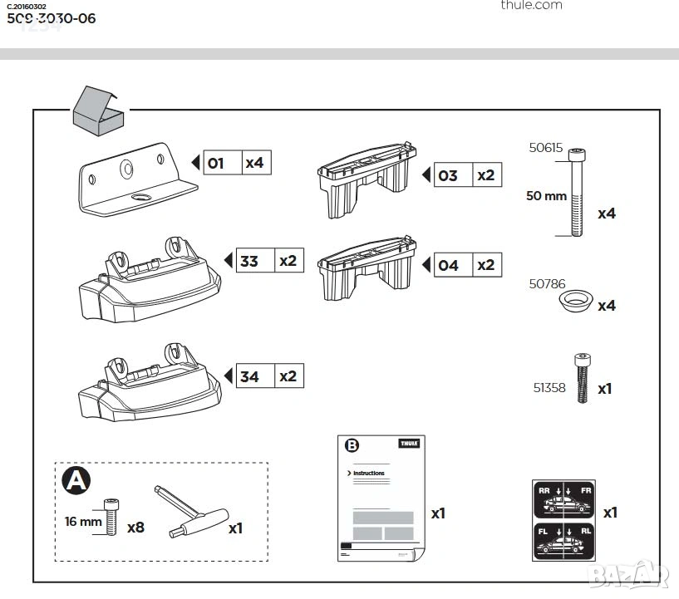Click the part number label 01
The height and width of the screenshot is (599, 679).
tap(215, 163)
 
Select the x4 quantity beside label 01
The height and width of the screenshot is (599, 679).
tap(254, 163)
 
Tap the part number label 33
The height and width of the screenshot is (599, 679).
tap(249, 261)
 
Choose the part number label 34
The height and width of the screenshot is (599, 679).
tap(249, 376)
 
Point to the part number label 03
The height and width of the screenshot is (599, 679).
tap(448, 175)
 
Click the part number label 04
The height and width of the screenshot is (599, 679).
tap(448, 265)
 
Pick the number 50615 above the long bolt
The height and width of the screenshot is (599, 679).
tap(546, 149)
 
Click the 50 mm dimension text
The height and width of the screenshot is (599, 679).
tap(545, 196)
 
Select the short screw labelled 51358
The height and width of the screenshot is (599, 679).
tap(583, 378)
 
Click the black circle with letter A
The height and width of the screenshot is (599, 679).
tap(76, 481)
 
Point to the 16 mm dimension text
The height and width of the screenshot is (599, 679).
tap(83, 522)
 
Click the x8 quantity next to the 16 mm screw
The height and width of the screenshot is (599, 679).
tap(135, 527)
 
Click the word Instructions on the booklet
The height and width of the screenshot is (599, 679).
tap(369, 473)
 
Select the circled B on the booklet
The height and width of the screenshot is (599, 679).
tap(352, 445)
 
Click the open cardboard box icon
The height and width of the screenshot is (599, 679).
tap(97, 110)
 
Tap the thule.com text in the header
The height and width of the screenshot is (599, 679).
tap(531, 5)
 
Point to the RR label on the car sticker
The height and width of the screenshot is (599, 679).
tap(545, 491)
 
